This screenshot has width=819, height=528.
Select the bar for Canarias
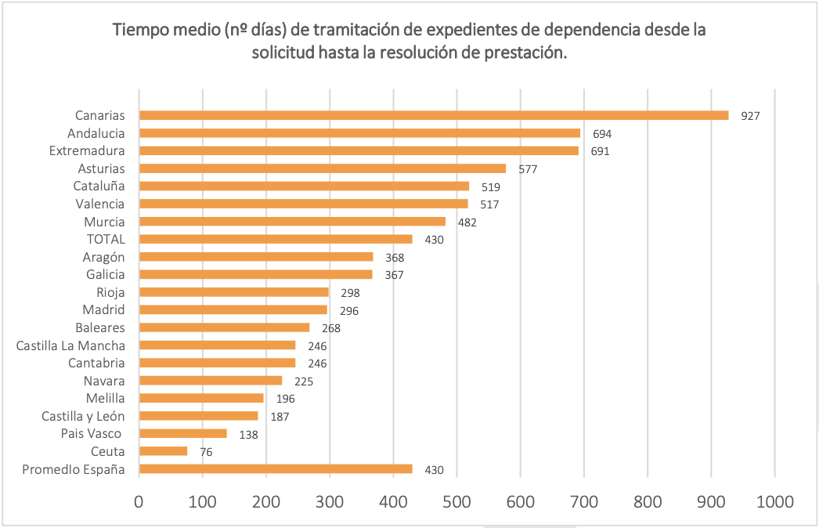click(434, 115)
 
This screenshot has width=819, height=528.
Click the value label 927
click(751, 116)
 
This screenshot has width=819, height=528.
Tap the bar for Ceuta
click(164, 451)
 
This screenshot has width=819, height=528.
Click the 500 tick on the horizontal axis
click(456, 501)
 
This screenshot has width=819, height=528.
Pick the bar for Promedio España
click(276, 469)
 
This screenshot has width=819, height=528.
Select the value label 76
click(206, 452)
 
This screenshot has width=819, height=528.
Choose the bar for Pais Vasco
click(183, 433)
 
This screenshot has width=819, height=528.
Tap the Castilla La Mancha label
click(70, 345)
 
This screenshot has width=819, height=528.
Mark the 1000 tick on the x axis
click(774, 501)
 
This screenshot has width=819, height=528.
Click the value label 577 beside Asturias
click(527, 169)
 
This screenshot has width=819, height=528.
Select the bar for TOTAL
click(276, 239)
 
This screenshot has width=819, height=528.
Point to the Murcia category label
click(104, 222)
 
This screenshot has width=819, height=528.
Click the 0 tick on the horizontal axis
click(139, 501)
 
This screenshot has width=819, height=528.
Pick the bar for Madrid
click(233, 309)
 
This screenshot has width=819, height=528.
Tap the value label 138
click(248, 434)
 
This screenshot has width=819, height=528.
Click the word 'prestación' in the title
click(528, 53)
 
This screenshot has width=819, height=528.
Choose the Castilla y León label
click(83, 416)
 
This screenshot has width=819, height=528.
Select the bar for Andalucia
click(360, 133)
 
